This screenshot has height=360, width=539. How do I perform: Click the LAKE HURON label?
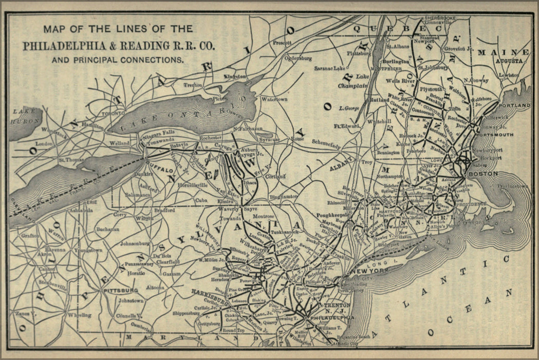(25, 116)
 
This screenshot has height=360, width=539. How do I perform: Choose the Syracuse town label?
(269, 139)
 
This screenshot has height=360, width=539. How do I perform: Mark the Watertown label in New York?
(274, 99)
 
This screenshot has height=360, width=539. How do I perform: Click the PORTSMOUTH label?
(496, 135)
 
